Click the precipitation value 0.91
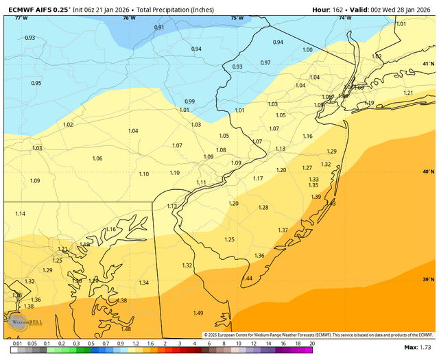tap(159, 27)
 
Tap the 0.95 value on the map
tap(36, 83)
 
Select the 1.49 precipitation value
tap(198, 313)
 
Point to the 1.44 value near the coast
tap(247, 278)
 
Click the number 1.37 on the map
tap(283, 230)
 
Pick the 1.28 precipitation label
tap(263, 208)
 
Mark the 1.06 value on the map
tap(97, 158)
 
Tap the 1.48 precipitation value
tap(126, 329)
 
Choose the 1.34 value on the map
tap(144, 283)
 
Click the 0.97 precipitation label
tap(265, 62)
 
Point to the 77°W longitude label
tap(21, 18)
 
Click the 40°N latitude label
tap(428, 171)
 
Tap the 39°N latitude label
tap(428, 280)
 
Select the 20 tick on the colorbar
tap(312, 342)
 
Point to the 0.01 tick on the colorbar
tap(16, 342)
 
